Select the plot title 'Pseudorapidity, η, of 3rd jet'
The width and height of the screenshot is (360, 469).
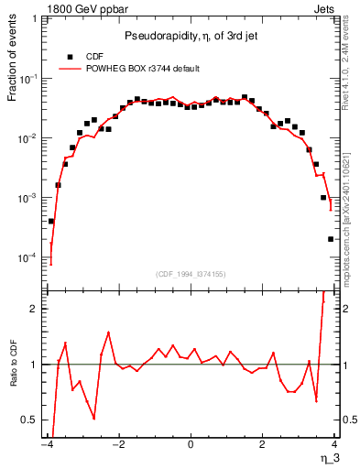[190, 36]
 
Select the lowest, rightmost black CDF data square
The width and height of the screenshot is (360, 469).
[331, 239]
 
